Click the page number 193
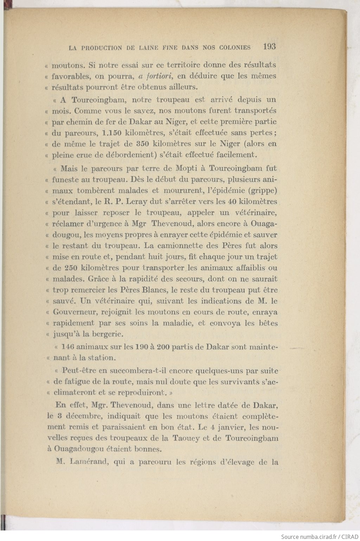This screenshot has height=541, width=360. pos(269,46)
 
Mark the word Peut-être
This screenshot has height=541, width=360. pos(79,371)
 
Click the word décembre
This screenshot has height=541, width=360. pos(83,416)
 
